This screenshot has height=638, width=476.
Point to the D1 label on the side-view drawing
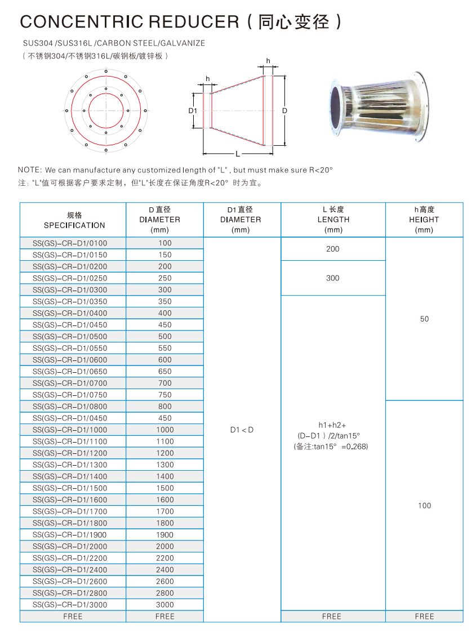click(192, 110)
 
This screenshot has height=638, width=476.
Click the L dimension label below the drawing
click(238, 153)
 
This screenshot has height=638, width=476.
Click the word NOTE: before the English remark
click(30, 170)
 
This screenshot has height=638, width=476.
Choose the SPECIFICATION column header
click(74, 225)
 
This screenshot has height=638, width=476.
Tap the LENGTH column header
click(333, 220)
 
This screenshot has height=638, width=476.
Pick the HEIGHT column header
click(424, 220)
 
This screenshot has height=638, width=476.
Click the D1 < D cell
click(242, 430)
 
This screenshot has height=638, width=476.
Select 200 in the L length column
click(333, 249)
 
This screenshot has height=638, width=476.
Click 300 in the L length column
click(333, 278)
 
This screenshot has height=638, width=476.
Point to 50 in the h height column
click(424, 319)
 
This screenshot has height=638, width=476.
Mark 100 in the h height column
click(424, 506)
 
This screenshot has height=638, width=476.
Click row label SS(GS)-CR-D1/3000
click(70, 605)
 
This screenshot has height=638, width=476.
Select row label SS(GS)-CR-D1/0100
click(70, 243)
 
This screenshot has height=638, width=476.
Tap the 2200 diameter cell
click(164, 558)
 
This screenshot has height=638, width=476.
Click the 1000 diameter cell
click(164, 430)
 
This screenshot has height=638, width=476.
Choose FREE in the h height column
click(424, 617)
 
